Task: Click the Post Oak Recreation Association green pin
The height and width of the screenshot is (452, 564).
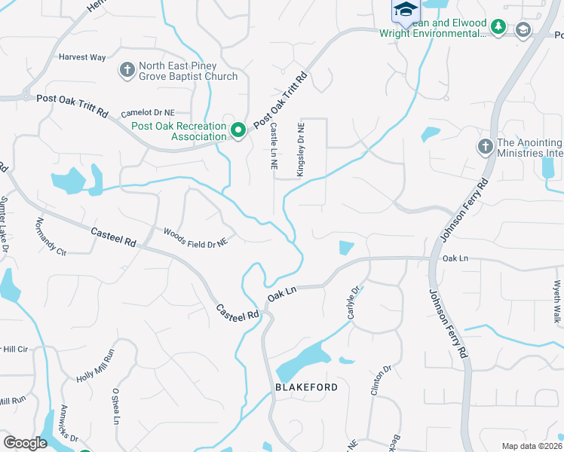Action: (238, 130)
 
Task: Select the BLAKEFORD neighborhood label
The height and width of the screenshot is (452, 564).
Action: (301, 386)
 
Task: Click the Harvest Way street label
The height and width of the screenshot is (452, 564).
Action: (81, 57)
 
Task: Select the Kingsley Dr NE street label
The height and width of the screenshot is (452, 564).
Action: (300, 150)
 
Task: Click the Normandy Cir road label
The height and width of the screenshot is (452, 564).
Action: (51, 237)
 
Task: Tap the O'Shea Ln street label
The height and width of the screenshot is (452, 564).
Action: (116, 407)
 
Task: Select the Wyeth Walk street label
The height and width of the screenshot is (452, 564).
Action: (556, 302)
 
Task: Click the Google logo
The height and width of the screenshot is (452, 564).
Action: (25, 443)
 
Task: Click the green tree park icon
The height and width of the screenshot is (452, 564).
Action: (498, 28)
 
